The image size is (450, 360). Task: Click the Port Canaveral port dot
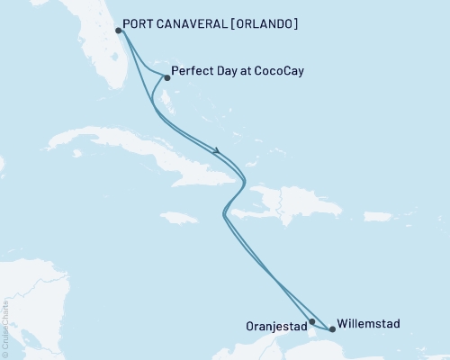(x=119, y=31)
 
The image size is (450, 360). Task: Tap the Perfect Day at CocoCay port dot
(x=167, y=77)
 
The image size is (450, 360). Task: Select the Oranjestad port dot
(x=312, y=321)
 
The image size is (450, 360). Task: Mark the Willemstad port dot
(x=332, y=329)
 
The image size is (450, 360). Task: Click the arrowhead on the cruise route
(x=218, y=150)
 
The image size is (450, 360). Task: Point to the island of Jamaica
(x=178, y=217)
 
